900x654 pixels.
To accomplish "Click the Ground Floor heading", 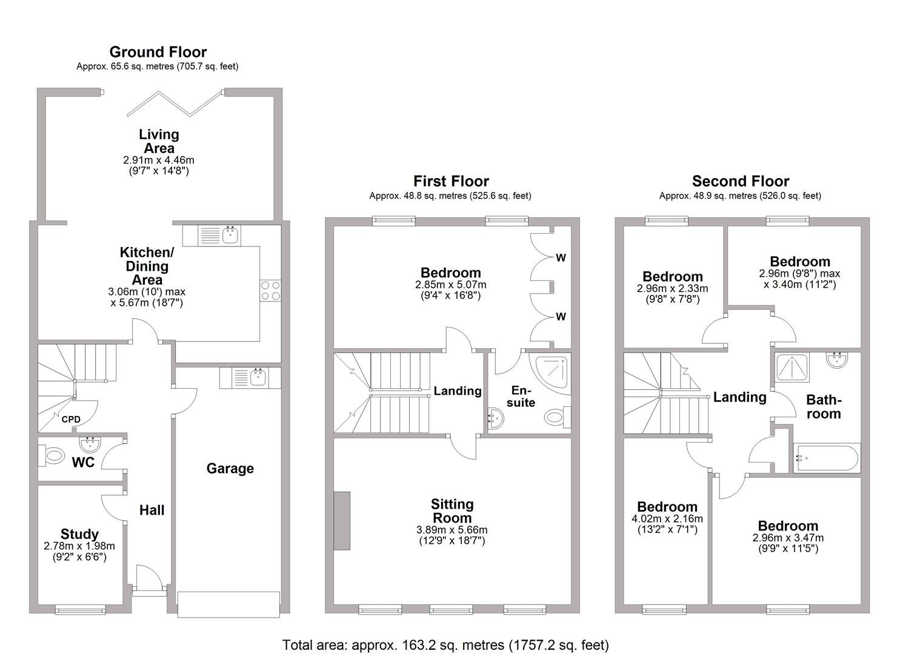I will click(158, 52).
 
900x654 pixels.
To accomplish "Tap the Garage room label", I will click(230, 468).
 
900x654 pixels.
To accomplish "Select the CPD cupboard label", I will click(71, 419).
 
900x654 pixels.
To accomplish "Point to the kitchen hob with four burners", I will click(270, 290).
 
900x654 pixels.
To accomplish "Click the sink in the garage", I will click(256, 377).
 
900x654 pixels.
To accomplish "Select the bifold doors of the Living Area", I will click(176, 104).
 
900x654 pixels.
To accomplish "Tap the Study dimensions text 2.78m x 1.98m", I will click(79, 546).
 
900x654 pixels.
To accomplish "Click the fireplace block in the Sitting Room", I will click(342, 521).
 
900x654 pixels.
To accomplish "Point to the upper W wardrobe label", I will click(561, 258).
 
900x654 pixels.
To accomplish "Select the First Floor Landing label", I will click(457, 391).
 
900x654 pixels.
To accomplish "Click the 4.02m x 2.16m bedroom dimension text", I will click(667, 519).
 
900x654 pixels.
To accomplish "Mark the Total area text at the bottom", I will click(445, 644).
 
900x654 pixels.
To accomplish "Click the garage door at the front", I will click(228, 604).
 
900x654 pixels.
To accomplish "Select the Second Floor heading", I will click(740, 181).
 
